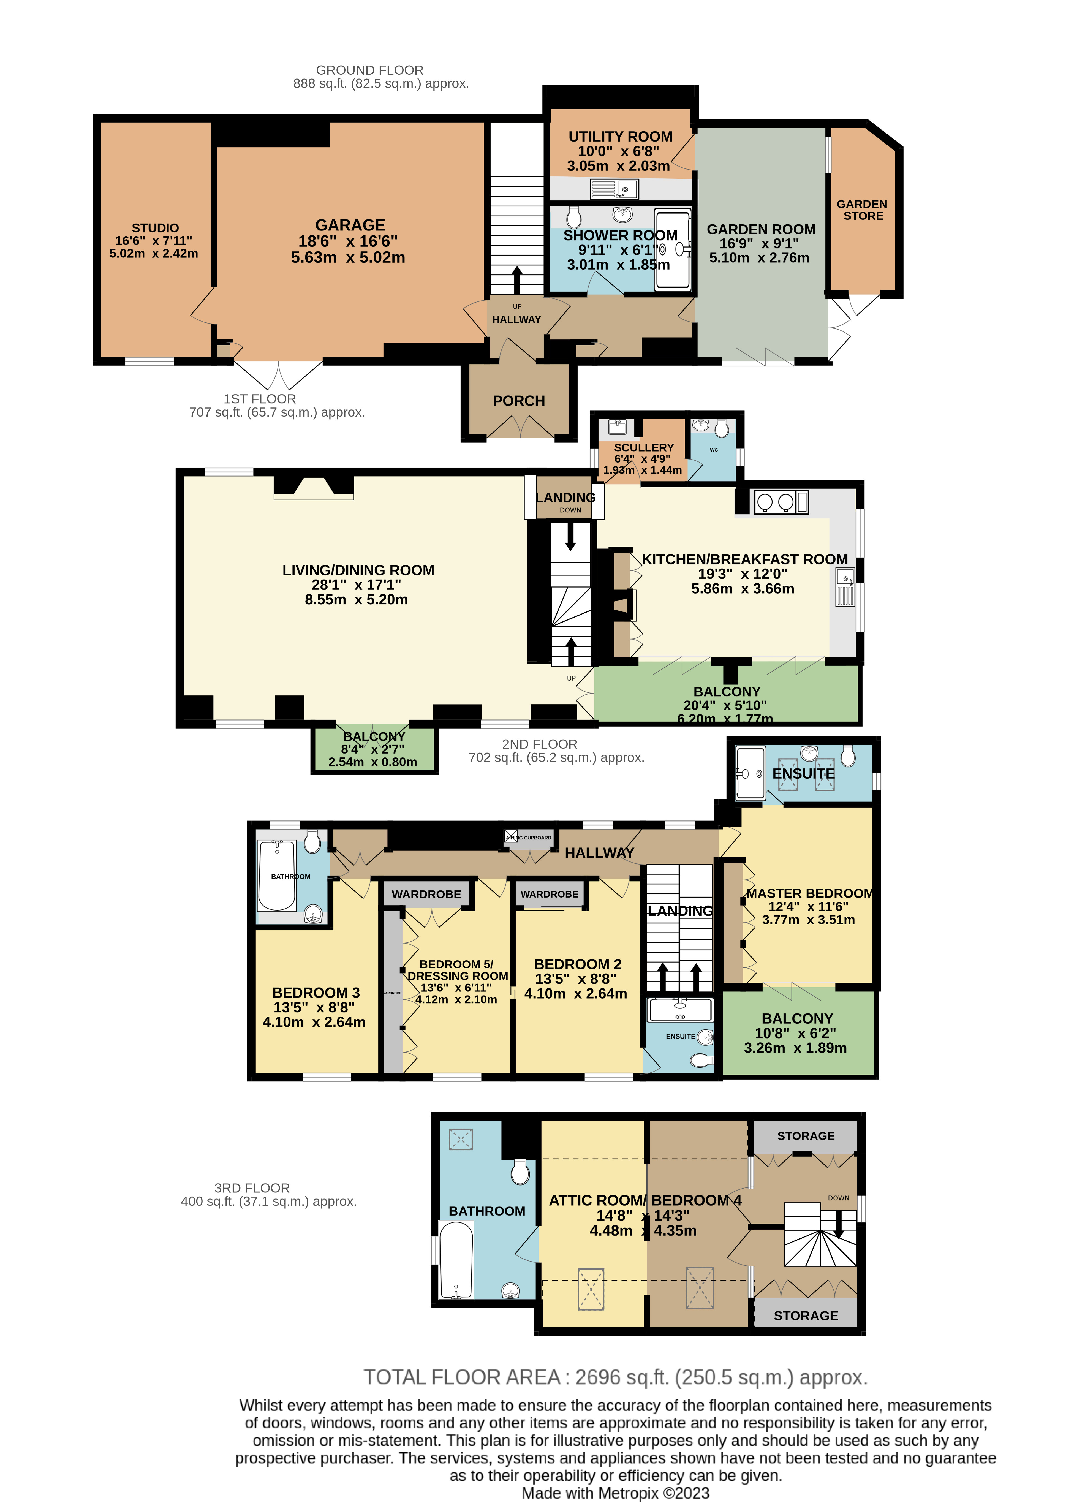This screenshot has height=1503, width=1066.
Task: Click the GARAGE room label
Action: click(350, 225)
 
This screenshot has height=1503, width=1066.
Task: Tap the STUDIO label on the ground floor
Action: click(155, 228)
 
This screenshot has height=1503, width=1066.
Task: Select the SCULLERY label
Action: click(643, 447)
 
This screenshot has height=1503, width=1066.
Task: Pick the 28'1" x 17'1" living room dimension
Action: click(357, 585)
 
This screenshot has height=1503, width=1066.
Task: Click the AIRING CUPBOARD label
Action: click(529, 838)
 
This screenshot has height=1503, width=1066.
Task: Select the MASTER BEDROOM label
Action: click(809, 893)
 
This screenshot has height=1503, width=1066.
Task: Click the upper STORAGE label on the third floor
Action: click(805, 1135)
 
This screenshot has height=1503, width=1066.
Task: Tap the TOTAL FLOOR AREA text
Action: click(615, 1377)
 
